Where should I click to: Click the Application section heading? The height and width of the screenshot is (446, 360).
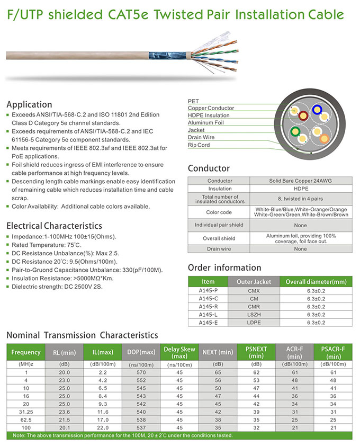(29, 104)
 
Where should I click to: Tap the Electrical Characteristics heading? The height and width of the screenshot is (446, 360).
(54, 226)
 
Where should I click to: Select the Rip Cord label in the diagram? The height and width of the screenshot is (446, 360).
(199, 145)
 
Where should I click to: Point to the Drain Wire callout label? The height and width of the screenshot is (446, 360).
(201, 137)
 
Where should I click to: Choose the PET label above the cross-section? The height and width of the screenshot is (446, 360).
(193, 101)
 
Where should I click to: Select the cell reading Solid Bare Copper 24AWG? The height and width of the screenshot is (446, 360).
(301, 181)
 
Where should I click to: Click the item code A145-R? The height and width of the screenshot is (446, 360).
(208, 307)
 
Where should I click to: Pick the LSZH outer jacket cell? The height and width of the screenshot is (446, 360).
(254, 315)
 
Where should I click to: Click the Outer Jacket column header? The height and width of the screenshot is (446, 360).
(254, 282)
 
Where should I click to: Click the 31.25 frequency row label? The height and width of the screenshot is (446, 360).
(25, 412)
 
